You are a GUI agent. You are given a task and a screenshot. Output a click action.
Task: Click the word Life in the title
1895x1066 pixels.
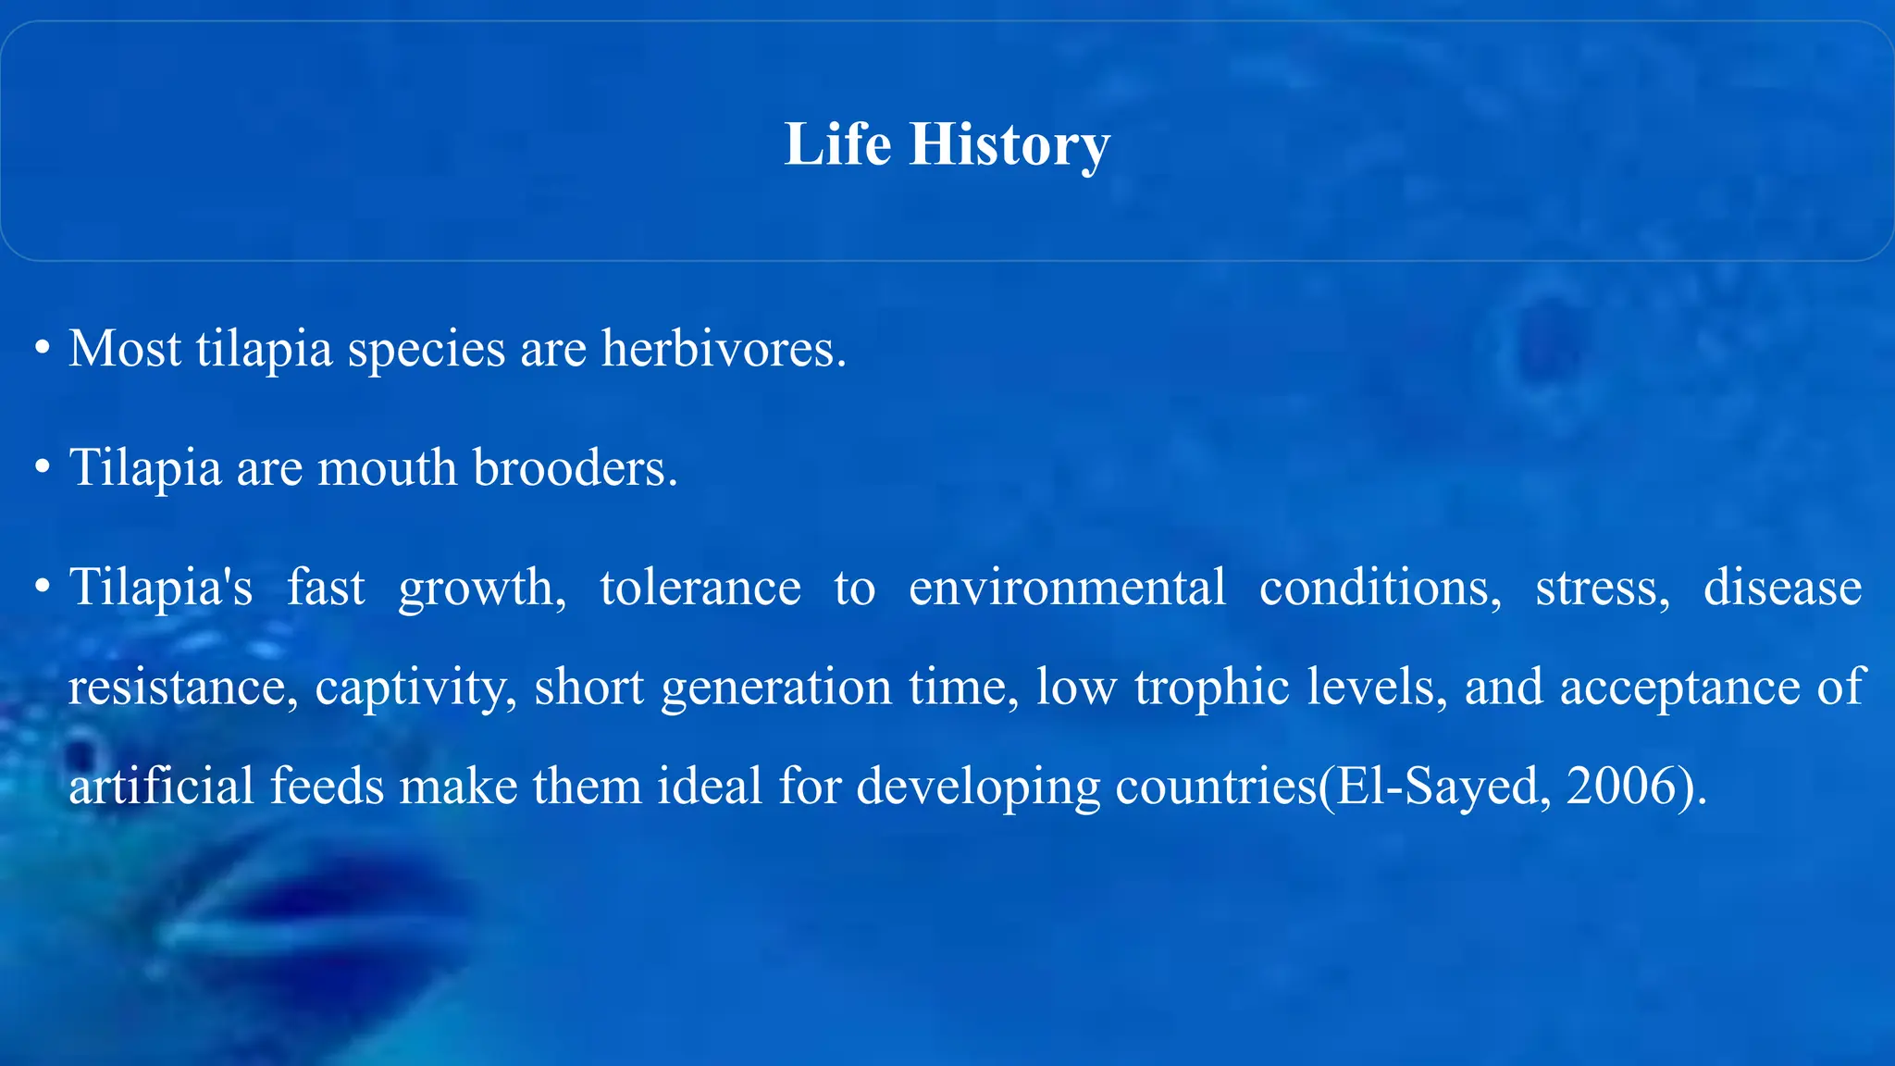837,144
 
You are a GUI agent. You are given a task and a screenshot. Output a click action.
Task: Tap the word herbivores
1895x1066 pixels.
724,349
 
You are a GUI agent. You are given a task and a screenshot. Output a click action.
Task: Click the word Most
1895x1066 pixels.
125,349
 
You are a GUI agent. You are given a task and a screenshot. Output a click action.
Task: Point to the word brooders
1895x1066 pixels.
576,467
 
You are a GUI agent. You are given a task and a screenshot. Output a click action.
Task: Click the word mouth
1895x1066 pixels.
387,468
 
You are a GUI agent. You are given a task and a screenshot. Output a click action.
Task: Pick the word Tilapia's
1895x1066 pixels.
161,587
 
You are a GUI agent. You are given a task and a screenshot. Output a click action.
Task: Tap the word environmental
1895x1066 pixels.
1067,587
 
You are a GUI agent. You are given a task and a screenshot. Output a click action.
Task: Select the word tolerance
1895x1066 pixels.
700,587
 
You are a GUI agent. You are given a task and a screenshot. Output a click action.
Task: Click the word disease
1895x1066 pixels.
1782,587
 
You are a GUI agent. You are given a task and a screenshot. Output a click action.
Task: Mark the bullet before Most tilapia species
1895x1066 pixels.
42,350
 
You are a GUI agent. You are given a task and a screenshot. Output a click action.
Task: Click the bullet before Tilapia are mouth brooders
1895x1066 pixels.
42,468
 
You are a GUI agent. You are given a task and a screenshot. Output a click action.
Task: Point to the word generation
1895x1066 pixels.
775,688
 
